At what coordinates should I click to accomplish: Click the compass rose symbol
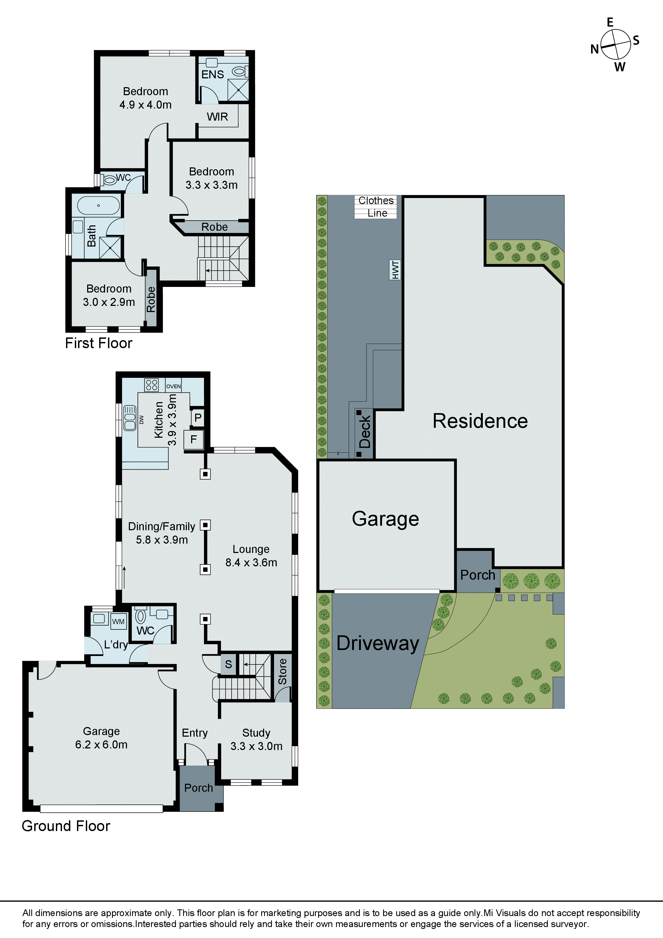(616, 44)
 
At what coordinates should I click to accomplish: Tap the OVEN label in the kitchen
(173, 386)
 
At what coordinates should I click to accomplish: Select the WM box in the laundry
(118, 621)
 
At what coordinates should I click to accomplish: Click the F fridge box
(194, 440)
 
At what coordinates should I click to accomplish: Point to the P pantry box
(198, 417)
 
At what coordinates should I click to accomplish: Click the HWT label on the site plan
(395, 270)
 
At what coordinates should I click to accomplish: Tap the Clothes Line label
(376, 207)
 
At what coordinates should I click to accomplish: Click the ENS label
(213, 74)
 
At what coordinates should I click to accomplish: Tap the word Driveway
(377, 643)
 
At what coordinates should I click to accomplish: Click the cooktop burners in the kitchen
(152, 385)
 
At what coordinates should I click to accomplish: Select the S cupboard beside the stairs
(228, 664)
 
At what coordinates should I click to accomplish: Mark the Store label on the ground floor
(282, 671)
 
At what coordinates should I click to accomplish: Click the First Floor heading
(98, 343)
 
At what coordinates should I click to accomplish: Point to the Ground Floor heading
(66, 826)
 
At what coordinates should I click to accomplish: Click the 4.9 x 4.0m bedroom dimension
(145, 105)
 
